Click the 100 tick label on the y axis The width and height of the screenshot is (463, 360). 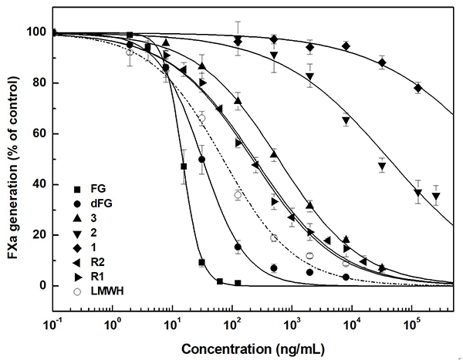pos(37,32)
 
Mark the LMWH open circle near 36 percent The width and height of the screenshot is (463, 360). pos(238,195)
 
